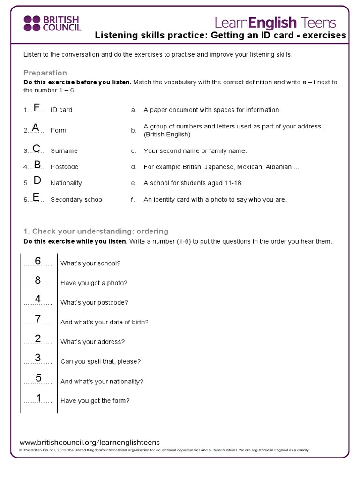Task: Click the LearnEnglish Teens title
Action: (275, 22)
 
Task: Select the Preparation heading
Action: (45, 73)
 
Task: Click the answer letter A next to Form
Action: (35, 127)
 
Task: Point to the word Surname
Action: (64, 151)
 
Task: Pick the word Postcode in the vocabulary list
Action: (64, 167)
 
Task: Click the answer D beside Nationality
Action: (37, 180)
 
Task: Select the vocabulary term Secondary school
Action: (77, 199)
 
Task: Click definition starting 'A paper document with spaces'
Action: (212, 110)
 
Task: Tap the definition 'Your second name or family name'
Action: (195, 151)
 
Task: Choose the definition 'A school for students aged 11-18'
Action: (193, 183)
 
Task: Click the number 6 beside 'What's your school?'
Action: (38, 261)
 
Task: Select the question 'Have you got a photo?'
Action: (94, 283)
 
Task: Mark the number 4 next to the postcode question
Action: (38, 299)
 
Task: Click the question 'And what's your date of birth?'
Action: (104, 322)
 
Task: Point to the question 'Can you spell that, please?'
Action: (100, 362)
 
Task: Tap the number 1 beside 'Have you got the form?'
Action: (39, 398)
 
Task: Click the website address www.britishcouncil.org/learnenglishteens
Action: (90, 442)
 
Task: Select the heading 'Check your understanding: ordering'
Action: (96, 232)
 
